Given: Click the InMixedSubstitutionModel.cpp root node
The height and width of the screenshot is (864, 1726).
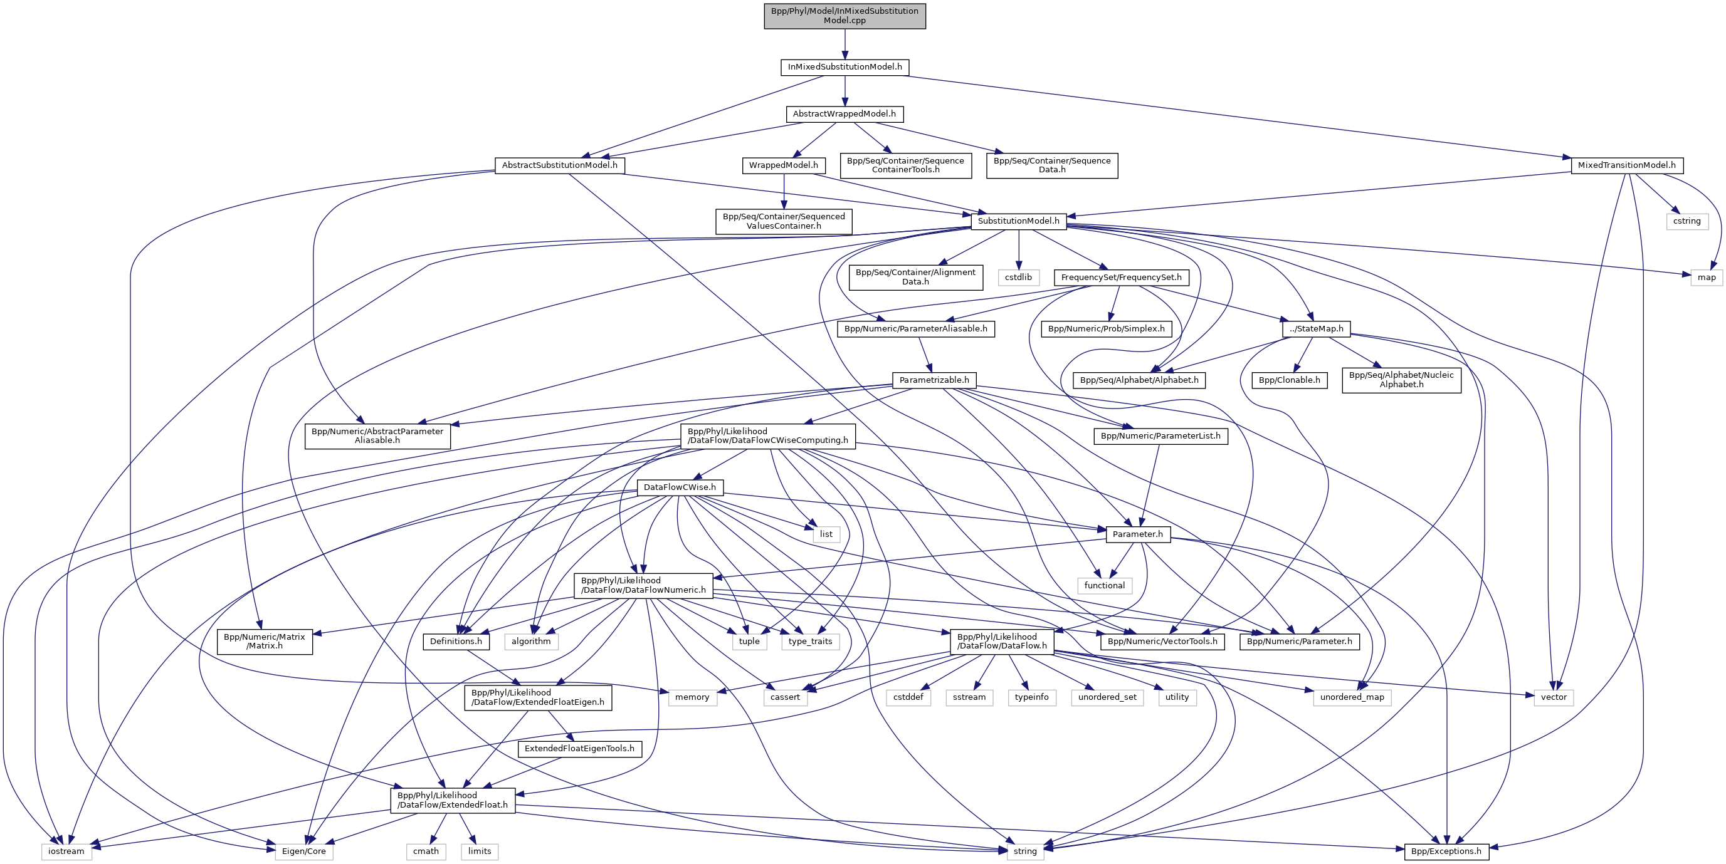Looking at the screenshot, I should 845,16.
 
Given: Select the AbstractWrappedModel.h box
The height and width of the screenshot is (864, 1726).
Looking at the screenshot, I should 845,114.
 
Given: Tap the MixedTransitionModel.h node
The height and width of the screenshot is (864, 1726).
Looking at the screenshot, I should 1626,165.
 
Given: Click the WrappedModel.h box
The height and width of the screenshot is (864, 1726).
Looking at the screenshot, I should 783,165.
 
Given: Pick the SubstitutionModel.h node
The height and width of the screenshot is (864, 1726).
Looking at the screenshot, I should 1018,221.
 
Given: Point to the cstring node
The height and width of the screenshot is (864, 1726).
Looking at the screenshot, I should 1687,221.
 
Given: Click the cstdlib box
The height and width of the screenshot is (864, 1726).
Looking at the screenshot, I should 1018,278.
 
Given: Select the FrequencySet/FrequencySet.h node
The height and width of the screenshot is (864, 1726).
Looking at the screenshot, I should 1121,278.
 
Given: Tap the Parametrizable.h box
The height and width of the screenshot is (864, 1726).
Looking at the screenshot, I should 934,380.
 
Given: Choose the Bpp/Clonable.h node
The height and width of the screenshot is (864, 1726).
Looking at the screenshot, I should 1289,380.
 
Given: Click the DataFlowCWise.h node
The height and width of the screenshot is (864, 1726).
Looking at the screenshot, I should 680,487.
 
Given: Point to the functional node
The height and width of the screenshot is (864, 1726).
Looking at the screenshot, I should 1104,585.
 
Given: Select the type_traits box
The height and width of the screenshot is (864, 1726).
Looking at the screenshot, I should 810,641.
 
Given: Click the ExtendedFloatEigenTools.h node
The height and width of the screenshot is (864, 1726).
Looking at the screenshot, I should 579,748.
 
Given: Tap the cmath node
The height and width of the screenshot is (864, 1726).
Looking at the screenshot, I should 426,851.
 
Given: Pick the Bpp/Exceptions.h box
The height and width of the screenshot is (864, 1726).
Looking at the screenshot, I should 1446,851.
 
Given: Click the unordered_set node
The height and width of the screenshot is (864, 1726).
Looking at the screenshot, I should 1107,697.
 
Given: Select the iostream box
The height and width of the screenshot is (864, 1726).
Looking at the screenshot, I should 66,851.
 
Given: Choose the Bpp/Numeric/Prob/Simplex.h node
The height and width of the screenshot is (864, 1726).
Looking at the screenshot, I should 1106,329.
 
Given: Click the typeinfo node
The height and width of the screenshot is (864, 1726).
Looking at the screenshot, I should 1031,697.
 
